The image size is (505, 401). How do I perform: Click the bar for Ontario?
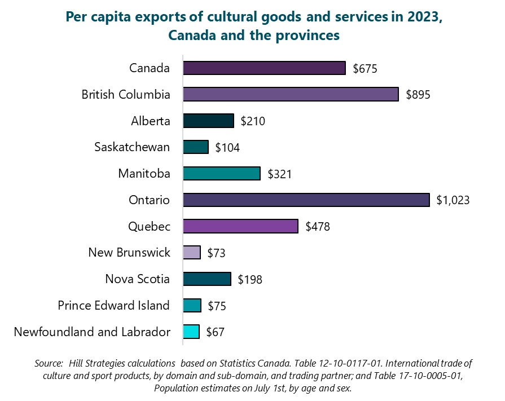[x=306, y=200]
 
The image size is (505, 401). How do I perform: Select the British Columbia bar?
[x=291, y=94]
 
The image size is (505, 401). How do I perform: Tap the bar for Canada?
[x=264, y=68]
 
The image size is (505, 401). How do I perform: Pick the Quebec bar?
[x=240, y=226]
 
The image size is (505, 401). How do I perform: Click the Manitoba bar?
[x=222, y=173]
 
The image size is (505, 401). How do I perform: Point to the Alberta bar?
[x=208, y=121]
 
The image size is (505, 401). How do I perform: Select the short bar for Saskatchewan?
[x=196, y=147]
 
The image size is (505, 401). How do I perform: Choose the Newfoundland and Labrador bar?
[x=191, y=332]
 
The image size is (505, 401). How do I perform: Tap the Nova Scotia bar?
[x=207, y=279]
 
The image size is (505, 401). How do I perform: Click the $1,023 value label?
[x=453, y=200]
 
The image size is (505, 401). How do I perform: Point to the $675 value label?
[x=365, y=69]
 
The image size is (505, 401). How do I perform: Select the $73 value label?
[x=216, y=253]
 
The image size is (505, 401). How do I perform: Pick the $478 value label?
[x=317, y=227]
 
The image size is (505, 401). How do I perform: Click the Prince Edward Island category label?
[x=113, y=305]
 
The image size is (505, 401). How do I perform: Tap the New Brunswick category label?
[x=129, y=252]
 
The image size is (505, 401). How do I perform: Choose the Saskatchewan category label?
[x=132, y=147]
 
